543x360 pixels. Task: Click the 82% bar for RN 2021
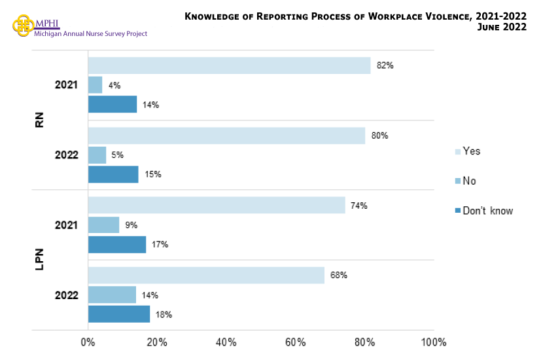click(229, 65)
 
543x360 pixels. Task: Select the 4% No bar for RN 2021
click(96, 85)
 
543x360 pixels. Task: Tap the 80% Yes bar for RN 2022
click(226, 135)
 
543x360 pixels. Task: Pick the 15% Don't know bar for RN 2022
click(113, 174)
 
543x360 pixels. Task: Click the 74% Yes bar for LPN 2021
click(217, 206)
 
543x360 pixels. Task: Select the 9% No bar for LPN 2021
click(103, 225)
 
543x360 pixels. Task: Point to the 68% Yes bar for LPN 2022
click(206, 276)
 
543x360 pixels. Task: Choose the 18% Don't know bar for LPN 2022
click(118, 314)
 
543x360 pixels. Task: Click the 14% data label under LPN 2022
click(149, 295)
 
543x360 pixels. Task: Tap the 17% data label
click(160, 245)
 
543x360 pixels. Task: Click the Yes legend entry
click(467, 151)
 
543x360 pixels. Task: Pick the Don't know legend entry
click(483, 211)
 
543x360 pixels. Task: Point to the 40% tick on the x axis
click(226, 342)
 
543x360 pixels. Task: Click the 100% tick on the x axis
click(433, 342)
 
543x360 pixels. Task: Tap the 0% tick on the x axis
click(88, 342)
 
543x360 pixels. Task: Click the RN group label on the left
click(39, 120)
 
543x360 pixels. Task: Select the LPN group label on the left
click(39, 260)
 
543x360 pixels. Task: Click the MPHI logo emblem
click(24, 26)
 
